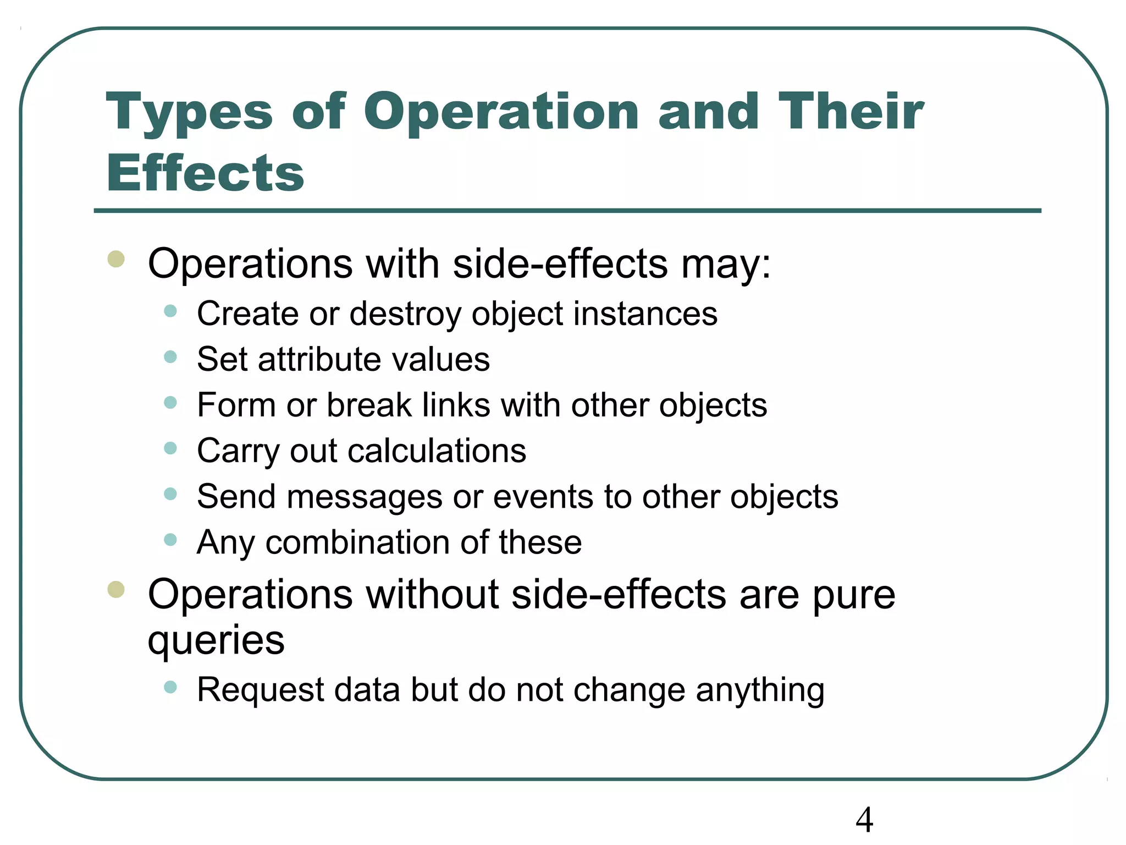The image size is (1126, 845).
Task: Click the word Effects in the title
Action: [205, 173]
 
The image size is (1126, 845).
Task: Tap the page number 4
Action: [864, 820]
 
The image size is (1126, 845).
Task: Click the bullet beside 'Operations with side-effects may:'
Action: [116, 259]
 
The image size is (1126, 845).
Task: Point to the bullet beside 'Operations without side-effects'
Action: [116, 590]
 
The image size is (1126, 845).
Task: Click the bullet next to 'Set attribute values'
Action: [170, 357]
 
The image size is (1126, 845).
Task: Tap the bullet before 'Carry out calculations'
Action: [170, 448]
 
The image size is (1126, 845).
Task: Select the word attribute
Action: [318, 360]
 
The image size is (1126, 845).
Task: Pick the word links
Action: [456, 405]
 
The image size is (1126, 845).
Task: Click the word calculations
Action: [437, 451]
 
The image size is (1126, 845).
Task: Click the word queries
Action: [216, 641]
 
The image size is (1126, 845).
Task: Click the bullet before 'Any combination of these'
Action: [170, 540]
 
